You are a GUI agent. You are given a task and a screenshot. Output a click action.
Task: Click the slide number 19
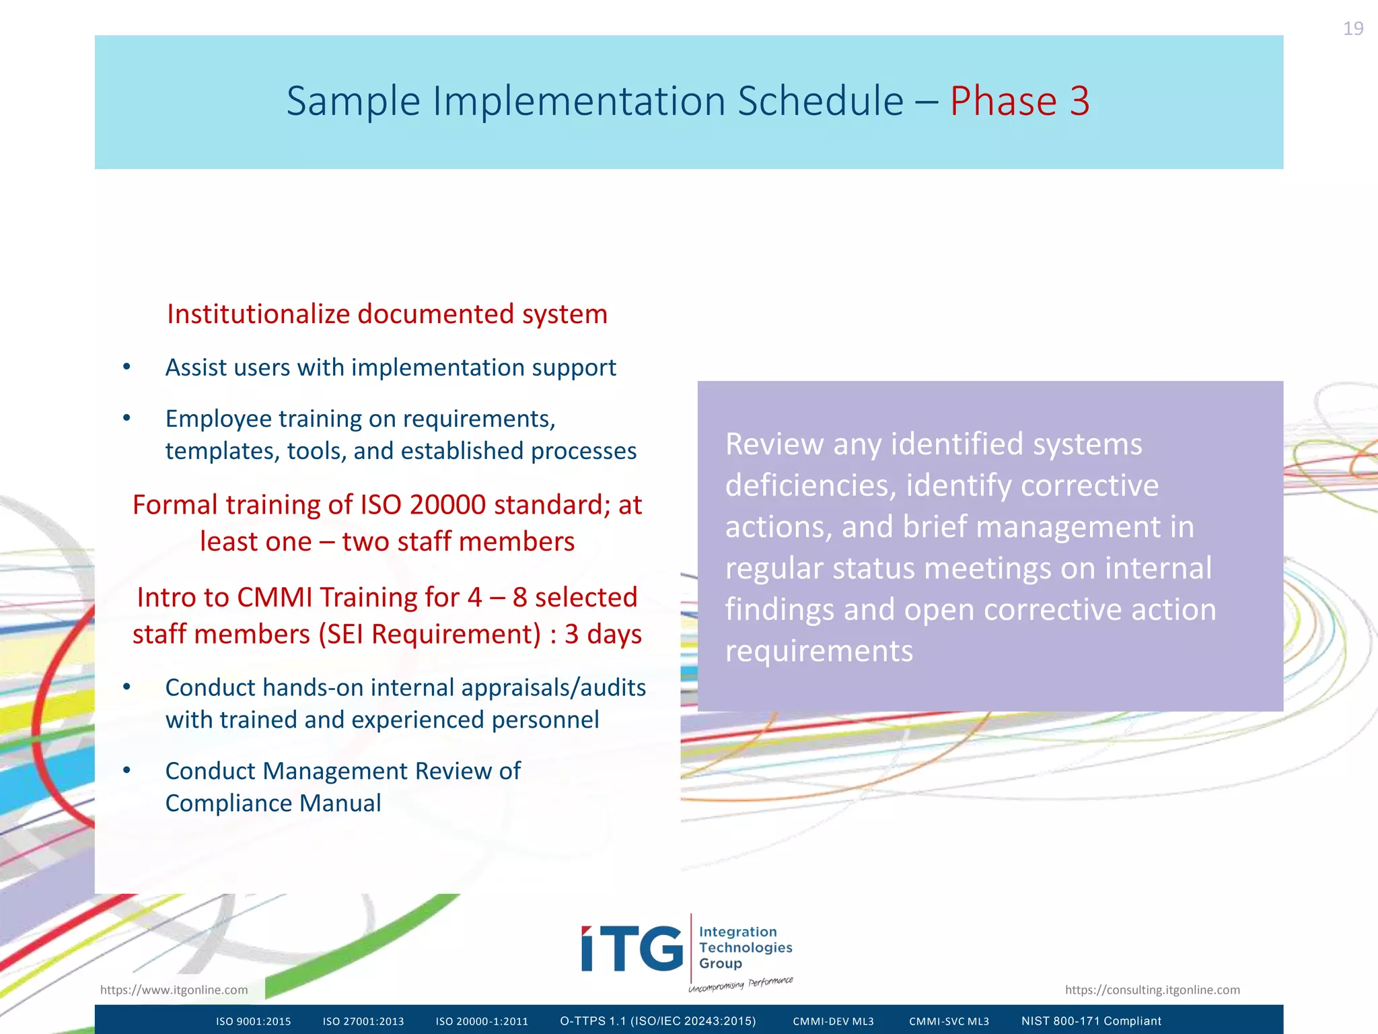(1352, 29)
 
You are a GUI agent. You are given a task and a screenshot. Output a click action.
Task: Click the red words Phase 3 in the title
(1019, 101)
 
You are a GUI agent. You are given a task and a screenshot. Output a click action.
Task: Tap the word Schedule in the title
(820, 101)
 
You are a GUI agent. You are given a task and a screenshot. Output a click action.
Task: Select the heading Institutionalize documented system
(387, 314)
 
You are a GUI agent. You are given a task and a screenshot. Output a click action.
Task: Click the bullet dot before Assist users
(126, 367)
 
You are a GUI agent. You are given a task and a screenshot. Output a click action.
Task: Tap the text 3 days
(603, 634)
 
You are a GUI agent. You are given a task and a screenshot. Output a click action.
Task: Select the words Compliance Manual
(273, 803)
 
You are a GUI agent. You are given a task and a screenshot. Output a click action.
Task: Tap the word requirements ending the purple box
(818, 651)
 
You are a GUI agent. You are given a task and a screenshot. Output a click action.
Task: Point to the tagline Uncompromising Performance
(740, 984)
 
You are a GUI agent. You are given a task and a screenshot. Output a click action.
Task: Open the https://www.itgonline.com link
(174, 990)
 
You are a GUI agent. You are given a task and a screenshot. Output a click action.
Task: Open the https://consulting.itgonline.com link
(1152, 990)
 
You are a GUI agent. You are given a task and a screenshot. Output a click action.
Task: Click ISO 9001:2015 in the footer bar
(253, 1021)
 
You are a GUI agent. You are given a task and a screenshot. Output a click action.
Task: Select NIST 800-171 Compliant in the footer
(1091, 1021)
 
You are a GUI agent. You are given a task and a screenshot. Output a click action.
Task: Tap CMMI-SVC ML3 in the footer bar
(949, 1021)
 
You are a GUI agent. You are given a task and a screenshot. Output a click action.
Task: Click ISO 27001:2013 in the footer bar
(363, 1021)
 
